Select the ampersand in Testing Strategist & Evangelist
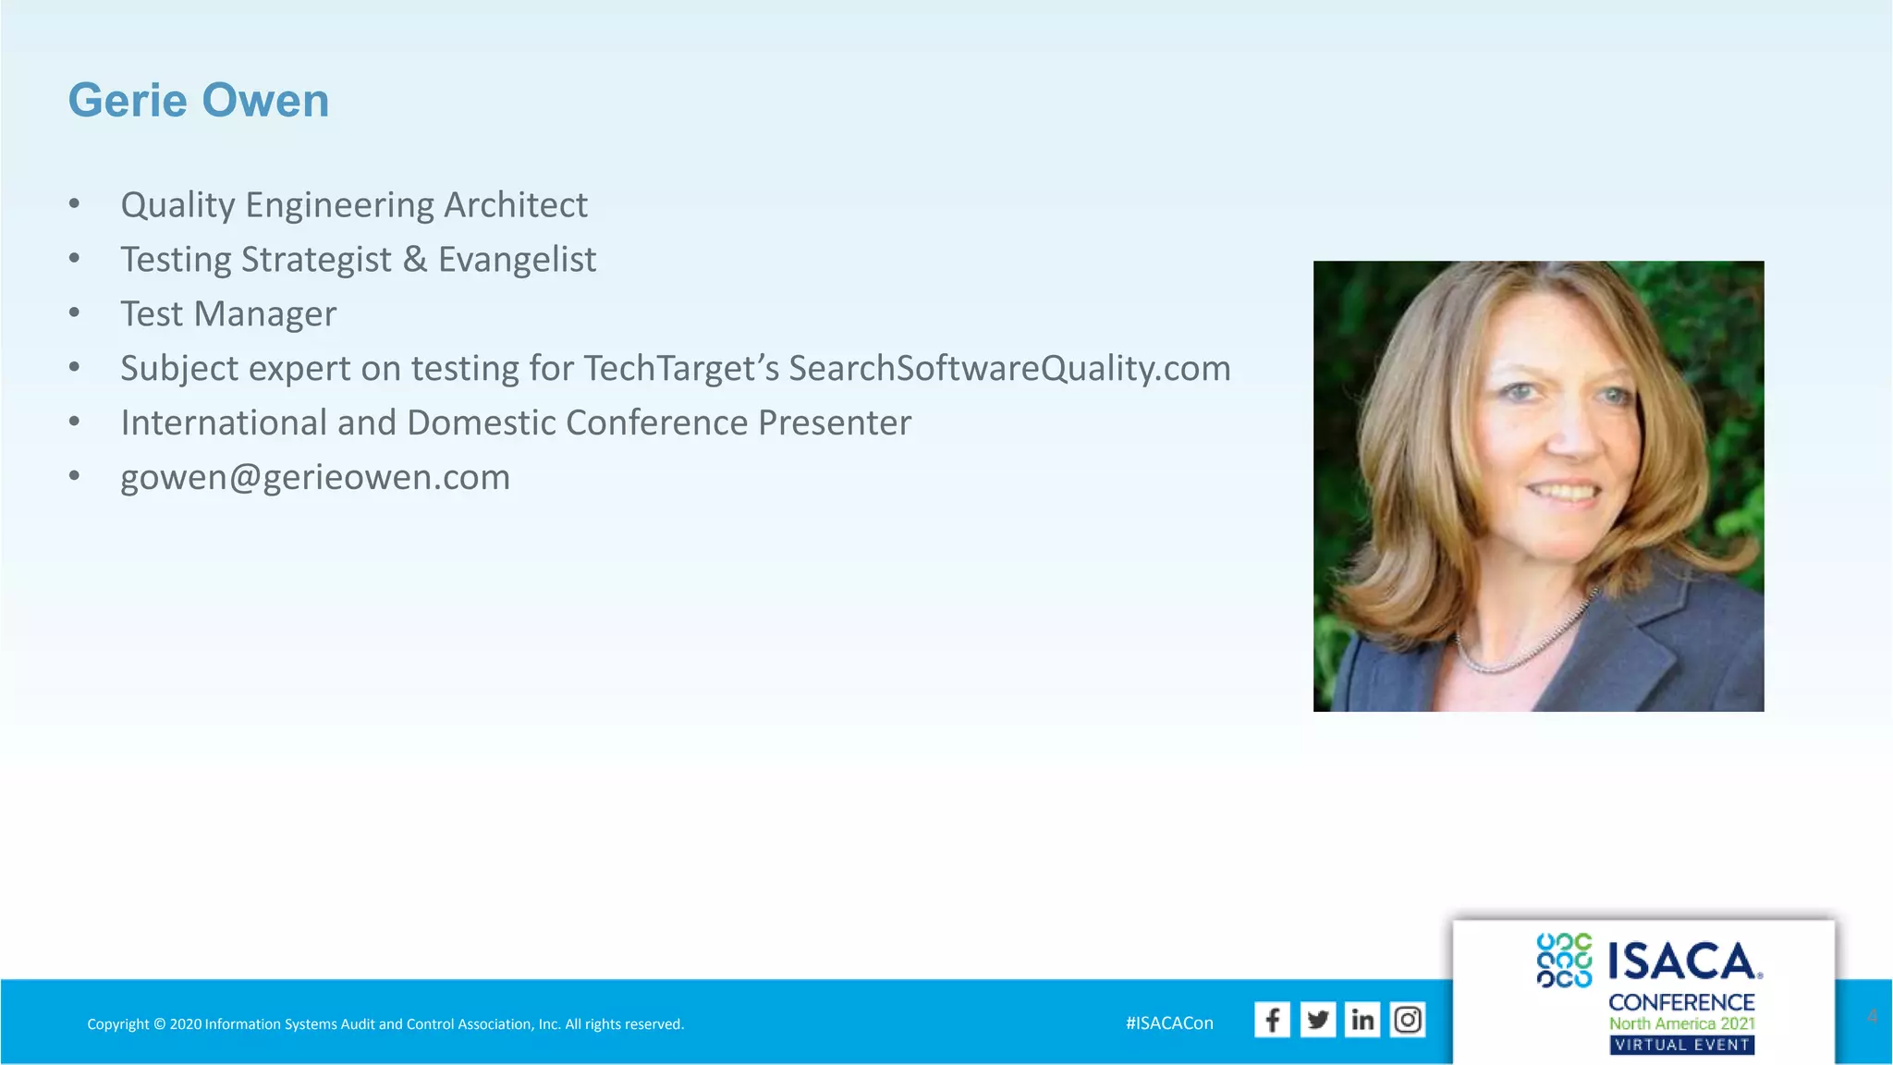tap(415, 260)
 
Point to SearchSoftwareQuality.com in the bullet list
tap(1009, 369)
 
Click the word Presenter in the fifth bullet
tap(835, 423)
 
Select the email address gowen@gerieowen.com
tap(315, 478)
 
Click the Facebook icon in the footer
tap(1272, 1020)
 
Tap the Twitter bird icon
tap(1317, 1020)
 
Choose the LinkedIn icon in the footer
tap(1362, 1020)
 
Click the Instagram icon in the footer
tap(1408, 1020)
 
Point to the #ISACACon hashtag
tap(1169, 1023)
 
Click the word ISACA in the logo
tap(1682, 961)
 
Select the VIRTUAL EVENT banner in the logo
tap(1682, 1045)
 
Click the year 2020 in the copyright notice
tap(186, 1024)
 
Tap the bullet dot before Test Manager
tap(74, 312)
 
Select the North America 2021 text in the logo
tap(1682, 1023)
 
